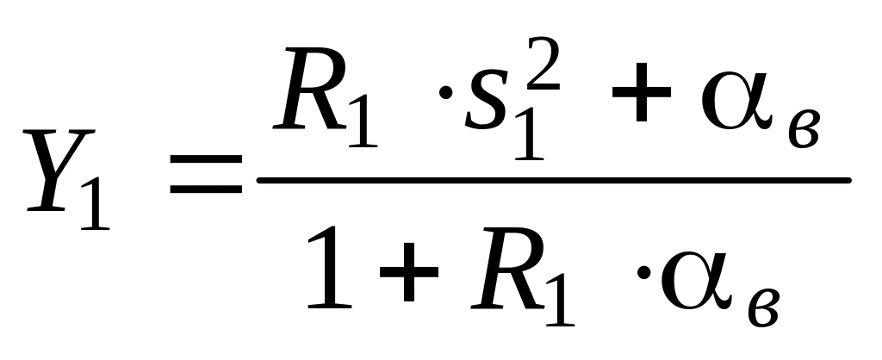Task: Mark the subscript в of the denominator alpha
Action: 763,310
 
